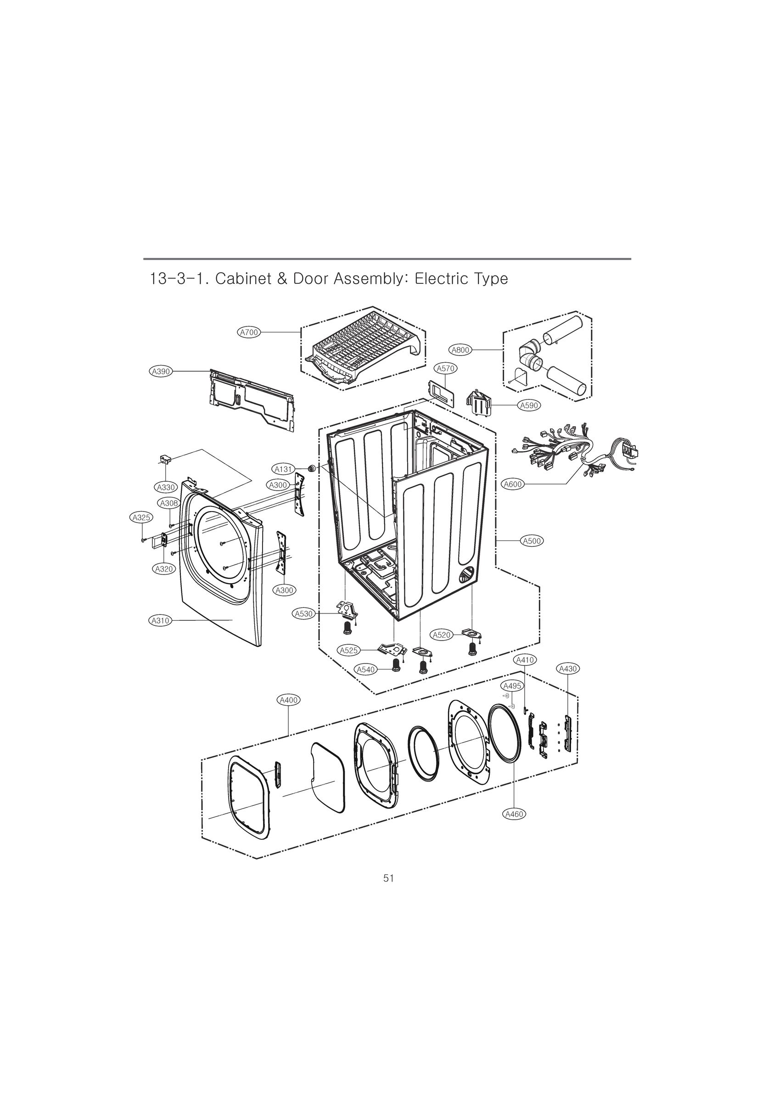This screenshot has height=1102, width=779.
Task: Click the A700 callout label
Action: (x=249, y=332)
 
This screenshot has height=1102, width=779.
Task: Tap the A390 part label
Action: (x=161, y=371)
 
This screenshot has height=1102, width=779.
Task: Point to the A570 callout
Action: (x=445, y=368)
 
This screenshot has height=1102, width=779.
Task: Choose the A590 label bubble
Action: (x=529, y=405)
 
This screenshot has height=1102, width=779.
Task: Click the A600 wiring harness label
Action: (x=513, y=484)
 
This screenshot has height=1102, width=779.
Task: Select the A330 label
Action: (x=166, y=487)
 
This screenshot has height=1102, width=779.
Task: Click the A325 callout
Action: (x=141, y=517)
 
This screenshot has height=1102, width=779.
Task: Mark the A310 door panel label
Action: (x=160, y=621)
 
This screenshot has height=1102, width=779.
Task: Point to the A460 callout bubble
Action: (x=514, y=814)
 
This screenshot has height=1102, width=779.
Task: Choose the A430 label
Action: (x=568, y=669)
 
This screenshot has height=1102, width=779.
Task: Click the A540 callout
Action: (x=366, y=669)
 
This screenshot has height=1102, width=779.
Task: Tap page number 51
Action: (x=389, y=878)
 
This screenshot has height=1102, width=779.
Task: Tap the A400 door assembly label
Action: (x=289, y=700)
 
